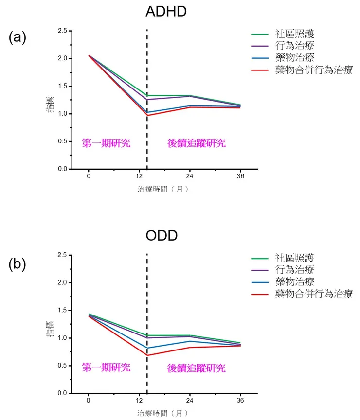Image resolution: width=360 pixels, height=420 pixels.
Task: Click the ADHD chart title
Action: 166,12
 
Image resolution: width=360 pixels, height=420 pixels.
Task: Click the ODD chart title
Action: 162,236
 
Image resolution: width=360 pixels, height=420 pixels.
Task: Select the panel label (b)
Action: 17,263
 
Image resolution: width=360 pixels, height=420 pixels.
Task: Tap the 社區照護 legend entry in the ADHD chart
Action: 294,34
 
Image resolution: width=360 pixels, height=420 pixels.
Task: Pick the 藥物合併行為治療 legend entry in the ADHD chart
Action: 313,70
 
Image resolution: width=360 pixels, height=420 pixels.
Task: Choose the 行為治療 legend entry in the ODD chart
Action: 294,270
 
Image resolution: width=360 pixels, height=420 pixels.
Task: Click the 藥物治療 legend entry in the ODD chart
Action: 294,282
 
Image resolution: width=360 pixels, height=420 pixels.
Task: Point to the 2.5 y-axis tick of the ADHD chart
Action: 62,31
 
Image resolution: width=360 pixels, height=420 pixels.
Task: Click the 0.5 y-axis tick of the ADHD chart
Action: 62,141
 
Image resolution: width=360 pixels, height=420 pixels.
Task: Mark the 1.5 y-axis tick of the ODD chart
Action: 62,311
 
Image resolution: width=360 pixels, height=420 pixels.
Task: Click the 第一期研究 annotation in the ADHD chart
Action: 106,143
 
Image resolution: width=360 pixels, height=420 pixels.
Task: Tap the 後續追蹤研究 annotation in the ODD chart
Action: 193,368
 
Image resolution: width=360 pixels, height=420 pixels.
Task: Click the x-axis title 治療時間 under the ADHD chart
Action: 162,190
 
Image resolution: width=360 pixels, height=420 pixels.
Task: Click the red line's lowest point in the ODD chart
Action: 147,355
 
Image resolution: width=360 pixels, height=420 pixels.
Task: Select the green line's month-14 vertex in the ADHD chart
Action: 147,96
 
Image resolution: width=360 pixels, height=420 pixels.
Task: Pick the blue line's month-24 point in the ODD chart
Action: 189,341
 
